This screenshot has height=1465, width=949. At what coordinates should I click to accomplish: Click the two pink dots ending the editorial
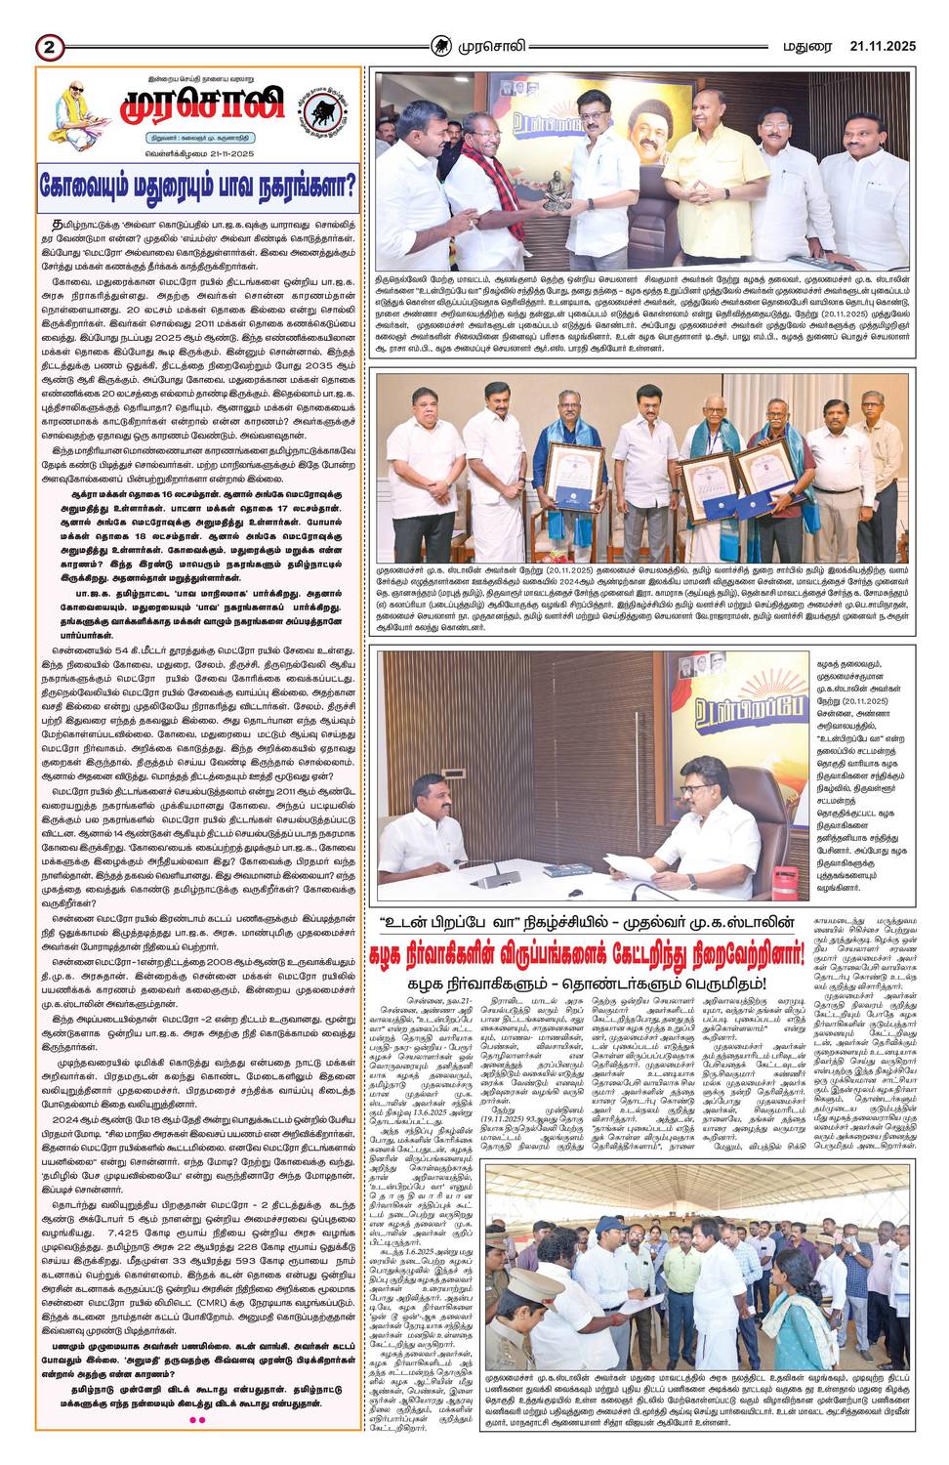198,1418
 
